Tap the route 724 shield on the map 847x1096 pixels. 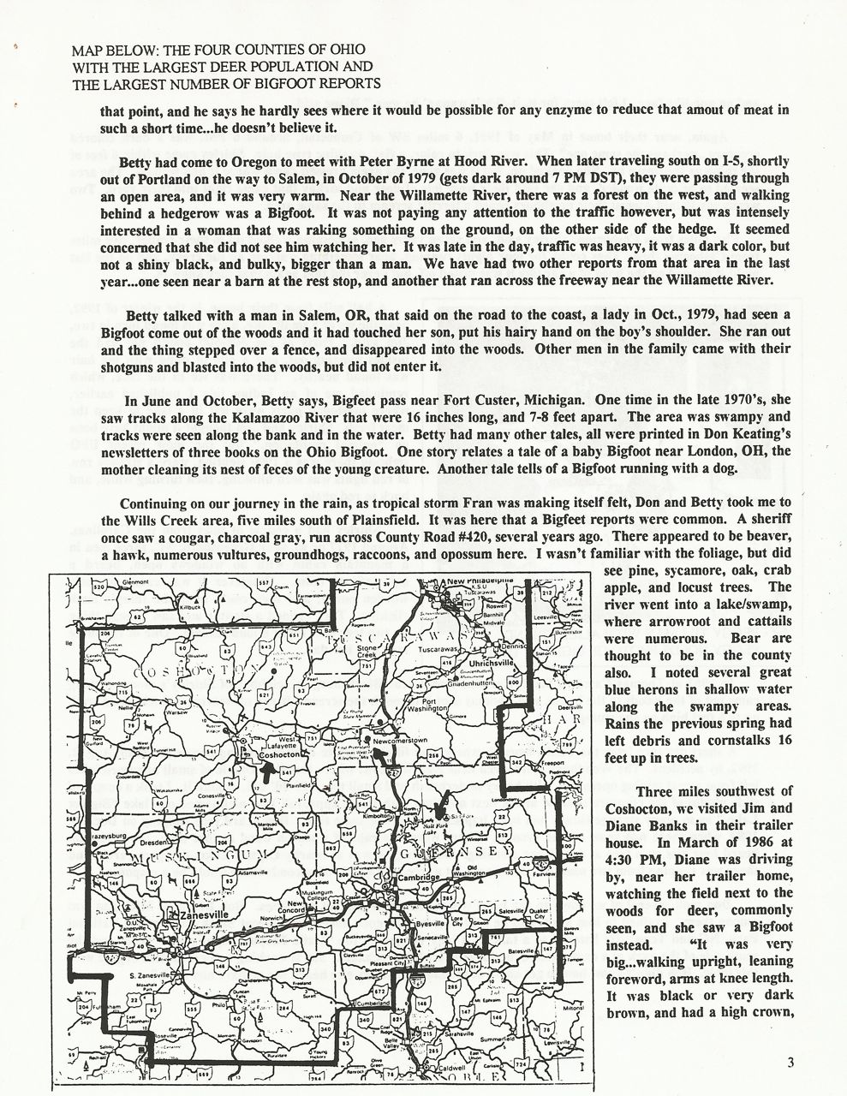(x=519, y=1064)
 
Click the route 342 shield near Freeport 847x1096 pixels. (x=516, y=761)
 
